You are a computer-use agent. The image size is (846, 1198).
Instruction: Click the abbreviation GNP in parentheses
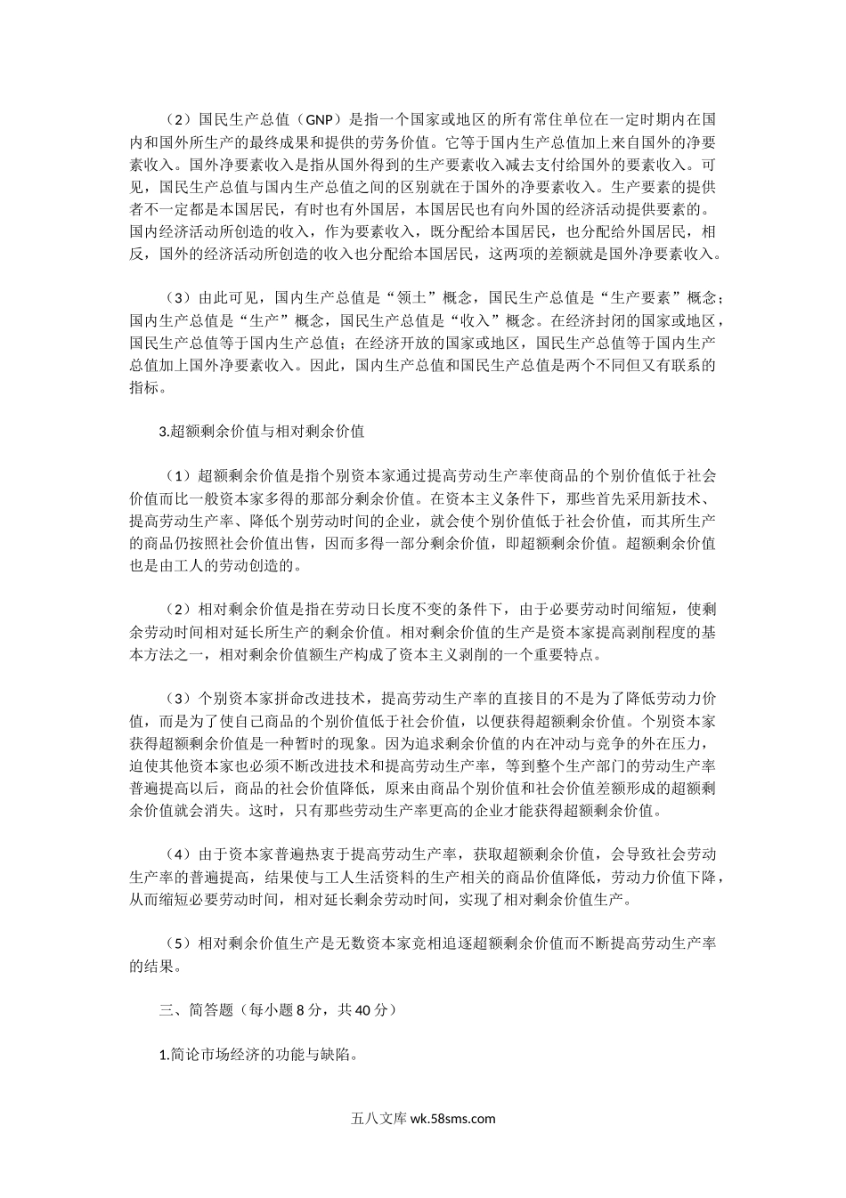[315, 118]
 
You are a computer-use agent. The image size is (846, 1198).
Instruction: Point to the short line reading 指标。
[148, 388]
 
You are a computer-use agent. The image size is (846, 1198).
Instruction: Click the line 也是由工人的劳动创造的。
[216, 565]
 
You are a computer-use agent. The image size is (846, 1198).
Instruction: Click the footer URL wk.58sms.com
[452, 1120]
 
